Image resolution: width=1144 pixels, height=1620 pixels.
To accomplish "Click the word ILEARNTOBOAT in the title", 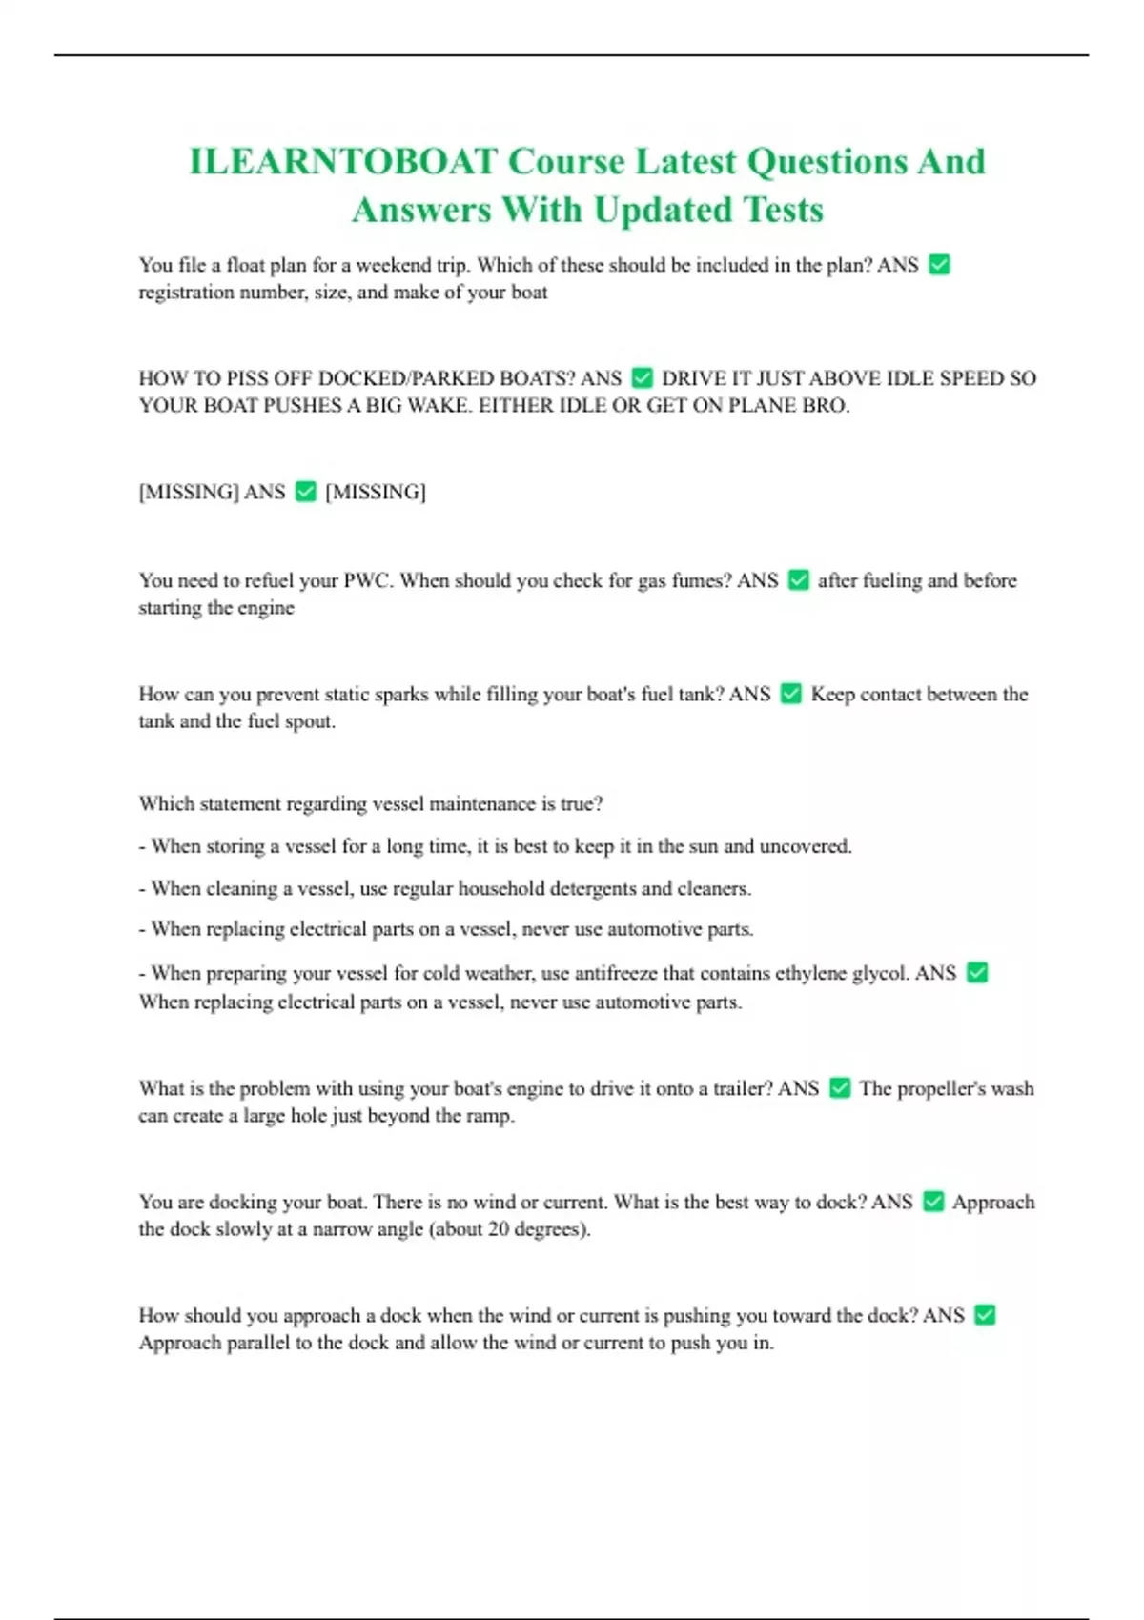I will (343, 162).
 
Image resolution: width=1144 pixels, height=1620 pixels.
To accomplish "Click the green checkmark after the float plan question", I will (939, 265).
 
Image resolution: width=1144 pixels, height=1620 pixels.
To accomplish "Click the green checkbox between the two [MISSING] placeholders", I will (305, 492).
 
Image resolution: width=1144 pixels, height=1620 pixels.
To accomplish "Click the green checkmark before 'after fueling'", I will (799, 580).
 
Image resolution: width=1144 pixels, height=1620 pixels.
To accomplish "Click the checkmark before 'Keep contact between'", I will (790, 694).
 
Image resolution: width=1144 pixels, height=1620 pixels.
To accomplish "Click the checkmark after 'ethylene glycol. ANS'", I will (977, 973).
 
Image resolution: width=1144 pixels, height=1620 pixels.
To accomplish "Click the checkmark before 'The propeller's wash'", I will (840, 1088).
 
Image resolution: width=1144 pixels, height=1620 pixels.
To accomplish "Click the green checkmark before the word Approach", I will (934, 1202).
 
